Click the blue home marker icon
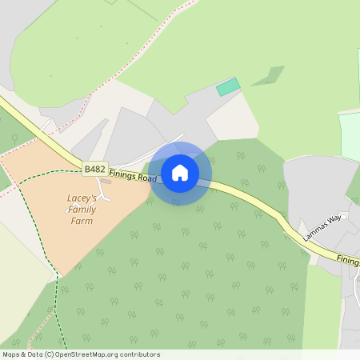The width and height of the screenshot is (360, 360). (x=180, y=173)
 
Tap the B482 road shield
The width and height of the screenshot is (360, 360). (x=94, y=169)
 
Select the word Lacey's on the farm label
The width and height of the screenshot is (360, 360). (x=82, y=197)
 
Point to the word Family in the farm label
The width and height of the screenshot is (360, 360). (x=82, y=209)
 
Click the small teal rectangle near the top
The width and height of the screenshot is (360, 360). (x=228, y=86)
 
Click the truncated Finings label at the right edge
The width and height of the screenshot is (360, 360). (x=347, y=260)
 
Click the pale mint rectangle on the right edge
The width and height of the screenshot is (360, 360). (x=350, y=136)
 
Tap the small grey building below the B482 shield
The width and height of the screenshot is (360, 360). (x=106, y=182)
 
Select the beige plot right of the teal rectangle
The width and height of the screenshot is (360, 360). (x=232, y=120)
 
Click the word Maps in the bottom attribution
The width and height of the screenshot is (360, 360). (x=12, y=354)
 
